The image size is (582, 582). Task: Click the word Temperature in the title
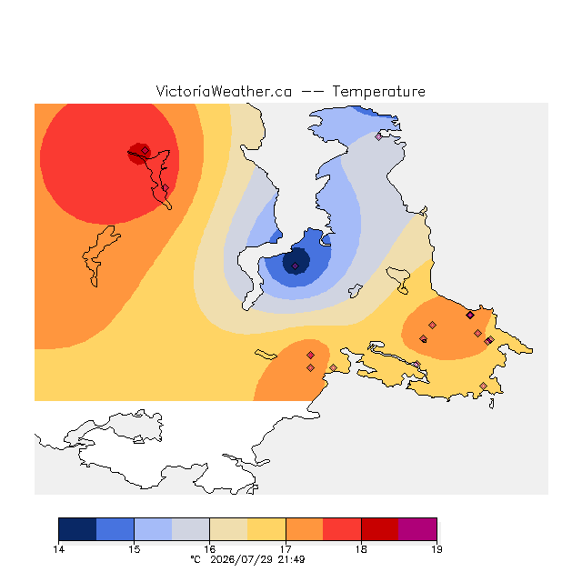[x=378, y=91]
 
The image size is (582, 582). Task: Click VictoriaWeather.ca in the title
[x=224, y=91]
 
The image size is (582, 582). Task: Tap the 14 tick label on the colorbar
[x=58, y=549]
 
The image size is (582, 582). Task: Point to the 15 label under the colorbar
[x=134, y=549]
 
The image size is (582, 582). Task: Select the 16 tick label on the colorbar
[x=210, y=549]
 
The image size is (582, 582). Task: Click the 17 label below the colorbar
[x=286, y=549]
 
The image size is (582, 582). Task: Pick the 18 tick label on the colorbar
[x=361, y=549]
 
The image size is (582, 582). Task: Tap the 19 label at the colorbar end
[x=436, y=549]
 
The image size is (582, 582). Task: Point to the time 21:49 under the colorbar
[x=291, y=560]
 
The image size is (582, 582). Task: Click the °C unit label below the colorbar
[x=196, y=560]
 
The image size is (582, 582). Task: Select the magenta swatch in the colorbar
[x=417, y=529]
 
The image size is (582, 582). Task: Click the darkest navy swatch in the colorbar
[x=77, y=529]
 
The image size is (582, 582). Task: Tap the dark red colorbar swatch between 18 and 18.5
[x=380, y=529]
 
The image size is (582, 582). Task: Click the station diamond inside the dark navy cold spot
[x=295, y=266]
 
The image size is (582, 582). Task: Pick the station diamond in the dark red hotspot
[x=145, y=150]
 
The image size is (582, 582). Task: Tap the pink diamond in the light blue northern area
[x=378, y=136]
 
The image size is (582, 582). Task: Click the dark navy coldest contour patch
[x=296, y=261]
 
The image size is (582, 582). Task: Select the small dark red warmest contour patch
[x=138, y=154]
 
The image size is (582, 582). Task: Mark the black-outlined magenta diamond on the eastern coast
[x=470, y=316]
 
